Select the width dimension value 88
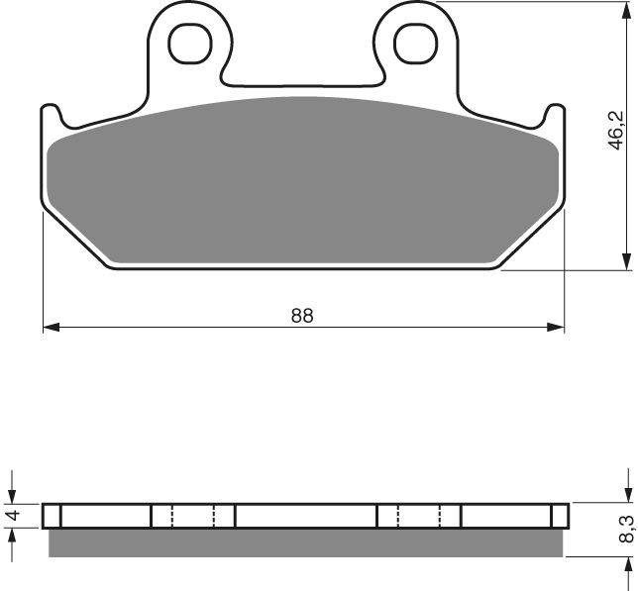click(302, 316)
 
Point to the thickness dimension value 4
click(13, 516)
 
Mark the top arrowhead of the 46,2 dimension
click(626, 10)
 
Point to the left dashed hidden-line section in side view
click(193, 516)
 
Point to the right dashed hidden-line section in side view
click(418, 516)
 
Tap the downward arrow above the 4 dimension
click(13, 495)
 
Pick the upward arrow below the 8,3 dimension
click(626, 569)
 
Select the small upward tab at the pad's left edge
click(52, 114)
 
